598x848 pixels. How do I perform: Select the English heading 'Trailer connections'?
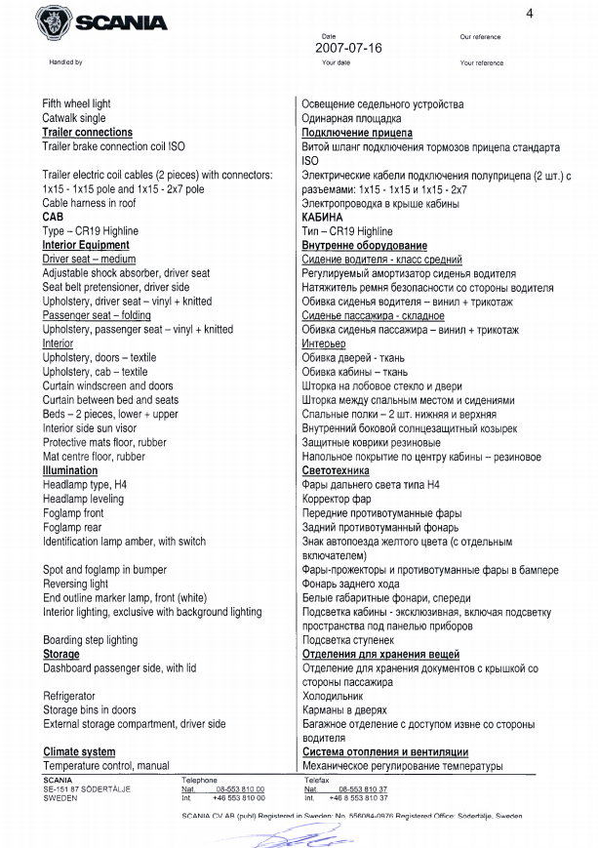click(87, 133)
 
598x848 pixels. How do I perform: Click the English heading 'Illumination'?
click(70, 470)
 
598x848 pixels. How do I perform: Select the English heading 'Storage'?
click(60, 654)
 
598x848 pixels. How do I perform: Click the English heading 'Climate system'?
click(79, 752)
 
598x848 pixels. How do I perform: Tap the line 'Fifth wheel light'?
click(76, 104)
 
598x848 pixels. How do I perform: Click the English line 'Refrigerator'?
click(69, 696)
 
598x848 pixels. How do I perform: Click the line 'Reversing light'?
click(75, 584)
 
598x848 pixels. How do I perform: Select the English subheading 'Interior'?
click(58, 344)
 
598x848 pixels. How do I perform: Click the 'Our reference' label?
click(480, 37)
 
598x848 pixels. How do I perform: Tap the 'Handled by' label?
click(66, 62)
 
